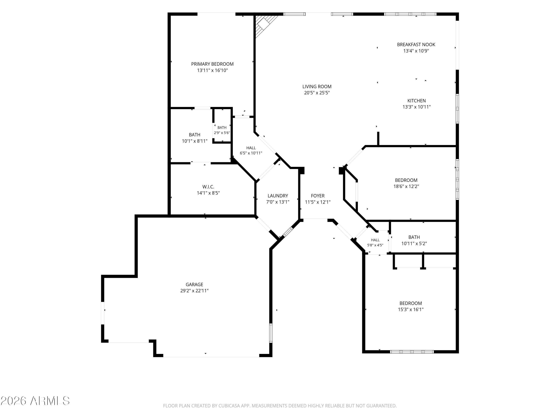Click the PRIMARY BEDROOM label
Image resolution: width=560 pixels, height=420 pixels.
click(x=212, y=64)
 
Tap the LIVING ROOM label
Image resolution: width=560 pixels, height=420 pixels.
click(x=317, y=87)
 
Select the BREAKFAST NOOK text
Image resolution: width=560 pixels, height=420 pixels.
click(x=416, y=45)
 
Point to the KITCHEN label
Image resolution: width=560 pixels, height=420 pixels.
click(x=416, y=101)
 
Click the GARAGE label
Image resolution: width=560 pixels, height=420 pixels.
click(x=195, y=284)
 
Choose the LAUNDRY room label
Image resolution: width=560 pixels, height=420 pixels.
click(x=278, y=196)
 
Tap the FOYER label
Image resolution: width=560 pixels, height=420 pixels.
click(x=318, y=196)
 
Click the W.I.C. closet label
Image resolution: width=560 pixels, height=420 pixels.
click(x=208, y=187)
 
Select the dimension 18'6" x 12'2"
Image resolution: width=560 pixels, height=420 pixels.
click(x=406, y=186)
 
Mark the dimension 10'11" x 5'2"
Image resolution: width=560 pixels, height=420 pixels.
click(x=414, y=244)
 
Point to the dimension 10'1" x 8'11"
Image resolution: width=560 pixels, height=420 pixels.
click(x=195, y=141)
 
